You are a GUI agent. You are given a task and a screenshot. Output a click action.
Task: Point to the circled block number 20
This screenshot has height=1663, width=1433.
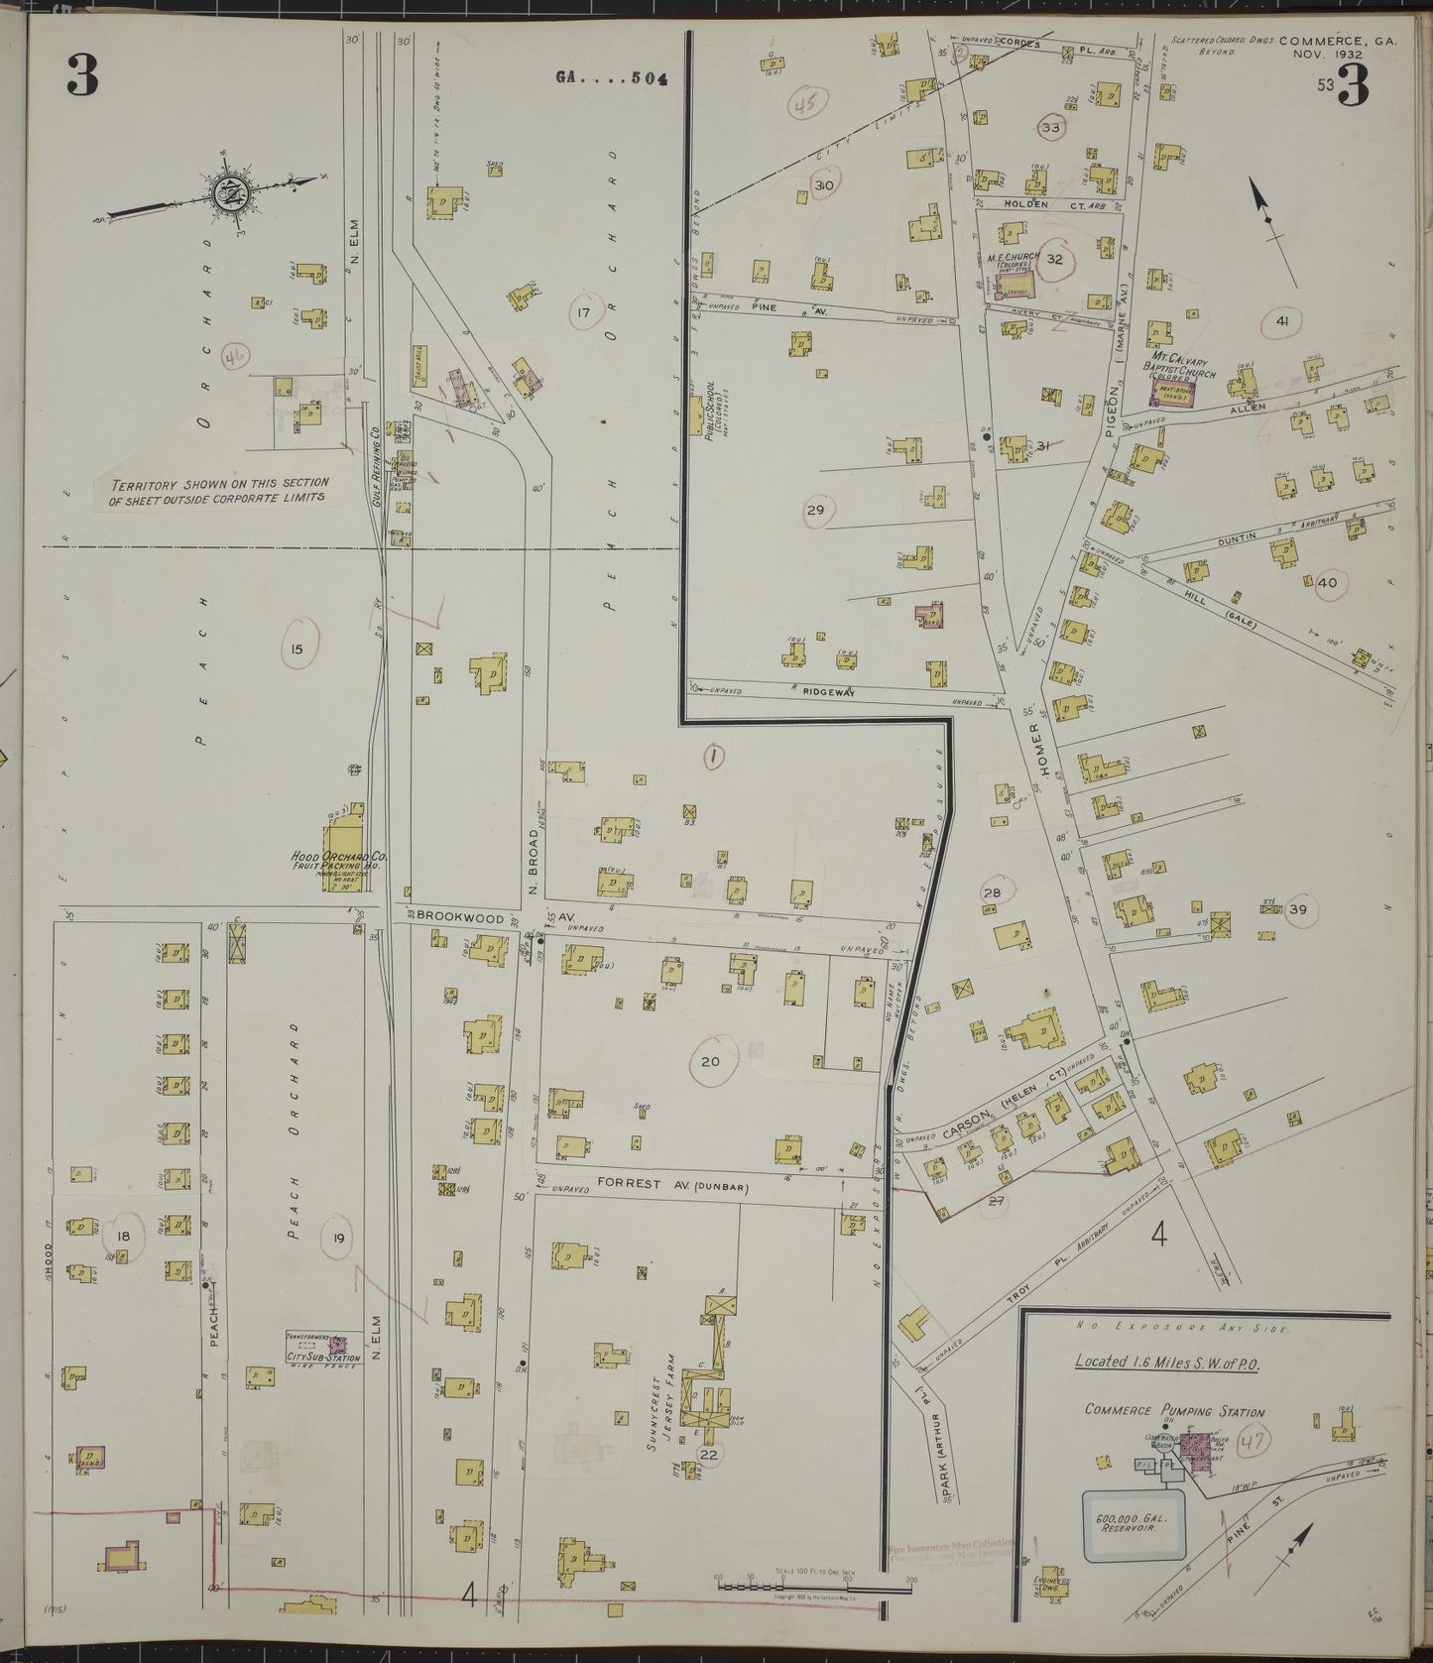click(x=710, y=1061)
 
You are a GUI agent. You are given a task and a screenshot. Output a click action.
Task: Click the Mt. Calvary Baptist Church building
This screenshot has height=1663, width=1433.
click(x=1171, y=394)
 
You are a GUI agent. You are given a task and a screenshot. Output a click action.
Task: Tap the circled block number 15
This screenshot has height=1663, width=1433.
click(x=297, y=650)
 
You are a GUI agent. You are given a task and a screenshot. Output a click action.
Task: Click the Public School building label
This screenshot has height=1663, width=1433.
click(x=710, y=421)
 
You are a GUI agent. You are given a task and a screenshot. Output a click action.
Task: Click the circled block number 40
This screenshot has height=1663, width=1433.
click(x=1326, y=583)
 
